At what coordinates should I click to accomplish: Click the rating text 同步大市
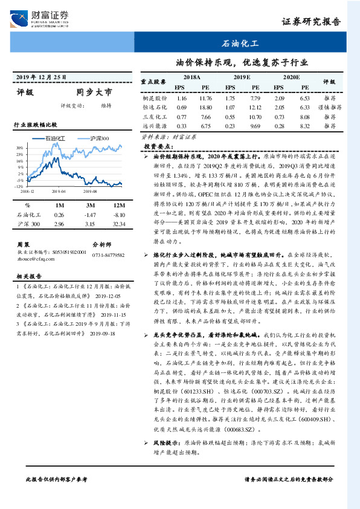click(94, 93)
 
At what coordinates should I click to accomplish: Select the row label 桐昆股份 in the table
click(154, 98)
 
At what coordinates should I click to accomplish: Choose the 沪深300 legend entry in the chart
click(96, 138)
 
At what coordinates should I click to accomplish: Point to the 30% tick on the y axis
click(21, 147)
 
